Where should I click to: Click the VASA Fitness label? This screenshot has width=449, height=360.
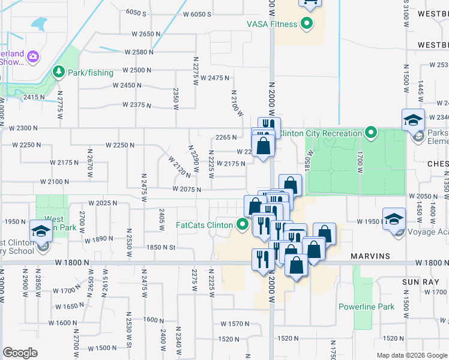(273, 25)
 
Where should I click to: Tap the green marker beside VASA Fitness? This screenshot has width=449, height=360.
(307, 25)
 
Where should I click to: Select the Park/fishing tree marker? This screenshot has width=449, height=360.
(59, 73)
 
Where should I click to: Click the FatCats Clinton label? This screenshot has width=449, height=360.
(204, 226)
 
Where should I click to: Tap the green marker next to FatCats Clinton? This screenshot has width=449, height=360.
(243, 226)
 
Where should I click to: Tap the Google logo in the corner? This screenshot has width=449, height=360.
(20, 353)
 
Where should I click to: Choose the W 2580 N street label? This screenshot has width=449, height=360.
(142, 52)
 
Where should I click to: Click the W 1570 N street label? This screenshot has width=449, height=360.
(235, 324)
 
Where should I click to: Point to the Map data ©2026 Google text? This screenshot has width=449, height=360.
(412, 355)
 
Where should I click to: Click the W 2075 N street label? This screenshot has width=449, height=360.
(185, 189)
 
